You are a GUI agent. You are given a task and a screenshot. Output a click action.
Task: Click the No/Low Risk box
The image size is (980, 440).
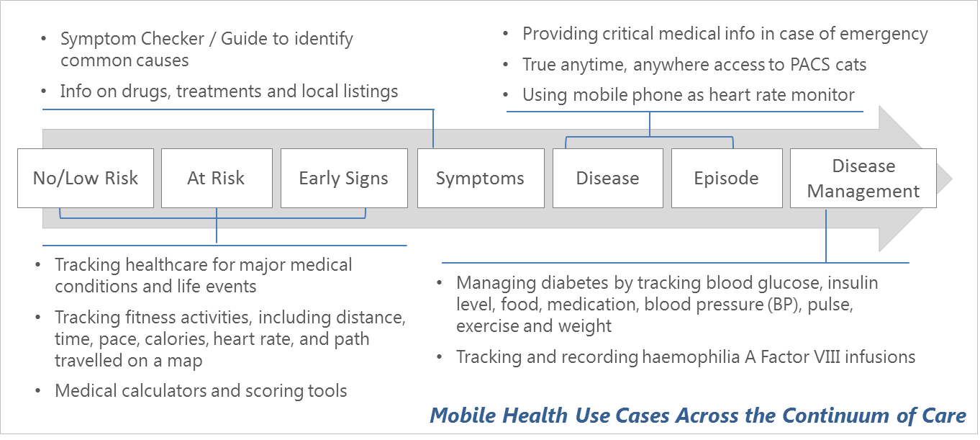pyautogui.click(x=86, y=178)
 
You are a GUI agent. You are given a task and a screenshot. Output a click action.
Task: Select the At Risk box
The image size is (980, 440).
pyautogui.click(x=217, y=178)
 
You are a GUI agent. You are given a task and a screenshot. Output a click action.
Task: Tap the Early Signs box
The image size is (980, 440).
pyautogui.click(x=345, y=178)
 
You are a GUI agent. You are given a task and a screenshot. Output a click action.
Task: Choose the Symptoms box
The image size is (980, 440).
pyautogui.click(x=481, y=178)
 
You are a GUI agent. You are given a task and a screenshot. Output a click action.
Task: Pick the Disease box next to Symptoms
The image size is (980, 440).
pyautogui.click(x=608, y=178)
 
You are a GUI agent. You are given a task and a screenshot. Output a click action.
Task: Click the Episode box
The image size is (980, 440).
pyautogui.click(x=727, y=178)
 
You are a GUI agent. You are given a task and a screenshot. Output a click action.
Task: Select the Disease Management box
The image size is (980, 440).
pyautogui.click(x=863, y=178)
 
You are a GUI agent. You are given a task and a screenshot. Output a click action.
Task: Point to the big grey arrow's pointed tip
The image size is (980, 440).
pyautogui.click(x=952, y=179)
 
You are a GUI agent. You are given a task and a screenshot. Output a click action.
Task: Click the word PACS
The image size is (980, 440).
pyautogui.click(x=809, y=65)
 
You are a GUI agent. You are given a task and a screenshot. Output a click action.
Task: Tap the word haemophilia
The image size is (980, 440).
pyautogui.click(x=691, y=356)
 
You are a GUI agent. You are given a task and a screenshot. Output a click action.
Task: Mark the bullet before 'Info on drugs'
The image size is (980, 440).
pyautogui.click(x=43, y=91)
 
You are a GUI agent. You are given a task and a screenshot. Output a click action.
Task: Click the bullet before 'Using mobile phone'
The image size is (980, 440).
pyautogui.click(x=506, y=94)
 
